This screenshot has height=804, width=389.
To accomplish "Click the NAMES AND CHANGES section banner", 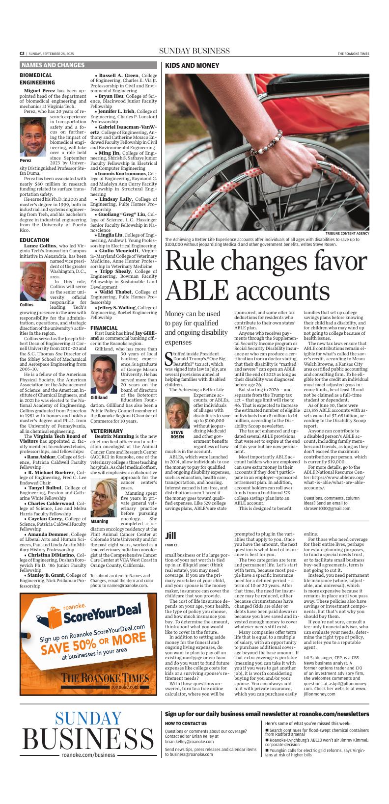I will [x=53, y=65].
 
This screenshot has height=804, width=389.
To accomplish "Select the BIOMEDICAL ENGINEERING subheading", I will [x=37, y=79].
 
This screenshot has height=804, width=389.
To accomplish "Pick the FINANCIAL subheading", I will [x=104, y=327].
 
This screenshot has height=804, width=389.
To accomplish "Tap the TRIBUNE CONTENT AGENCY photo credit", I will [x=347, y=233].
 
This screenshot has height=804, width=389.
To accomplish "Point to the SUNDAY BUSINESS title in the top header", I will [x=194, y=51].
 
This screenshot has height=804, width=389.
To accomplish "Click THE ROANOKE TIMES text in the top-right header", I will [x=353, y=54].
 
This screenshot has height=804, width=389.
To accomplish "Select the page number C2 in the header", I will [x=22, y=54].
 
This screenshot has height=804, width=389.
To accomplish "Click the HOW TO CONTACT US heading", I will [x=186, y=724].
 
